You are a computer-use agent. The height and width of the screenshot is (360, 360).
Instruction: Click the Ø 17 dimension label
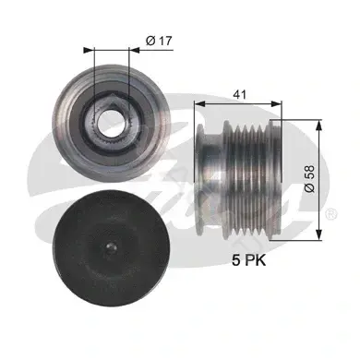[159, 41]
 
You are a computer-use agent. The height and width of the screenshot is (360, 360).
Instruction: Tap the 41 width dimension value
[239, 94]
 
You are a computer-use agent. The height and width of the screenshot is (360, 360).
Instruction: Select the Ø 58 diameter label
[309, 179]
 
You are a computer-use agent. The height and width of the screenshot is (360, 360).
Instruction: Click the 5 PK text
[248, 260]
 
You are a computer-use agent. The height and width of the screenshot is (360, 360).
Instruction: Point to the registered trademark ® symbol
[332, 214]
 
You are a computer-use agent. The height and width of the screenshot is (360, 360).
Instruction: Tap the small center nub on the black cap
[111, 247]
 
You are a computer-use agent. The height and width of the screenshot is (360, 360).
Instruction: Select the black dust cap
[111, 248]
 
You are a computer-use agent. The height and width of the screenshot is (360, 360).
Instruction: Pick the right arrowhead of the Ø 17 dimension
[135, 50]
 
